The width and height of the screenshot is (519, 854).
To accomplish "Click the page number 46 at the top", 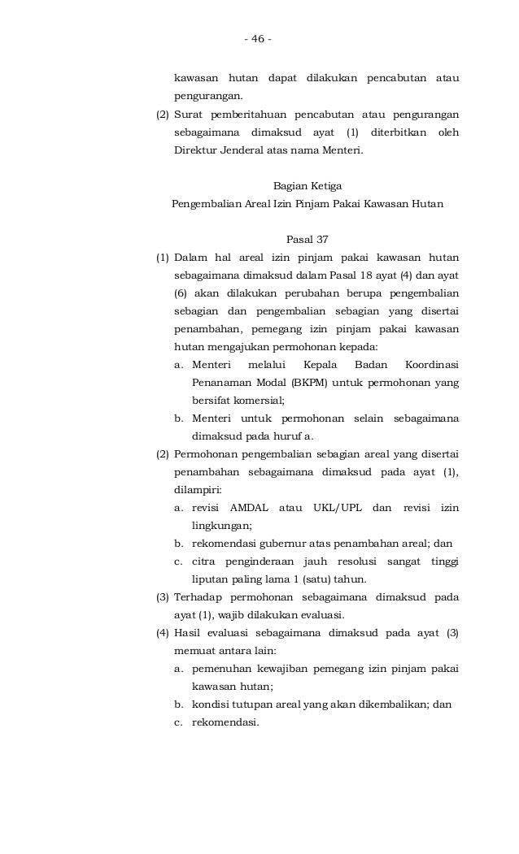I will (258, 39).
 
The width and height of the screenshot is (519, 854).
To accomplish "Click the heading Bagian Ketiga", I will (307, 187).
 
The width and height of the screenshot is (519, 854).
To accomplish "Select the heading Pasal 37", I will (307, 241).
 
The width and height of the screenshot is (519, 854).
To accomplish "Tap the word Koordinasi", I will (431, 365).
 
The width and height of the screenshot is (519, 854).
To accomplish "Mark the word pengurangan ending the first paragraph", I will (207, 98).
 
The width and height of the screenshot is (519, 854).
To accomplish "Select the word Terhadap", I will (198, 597).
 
